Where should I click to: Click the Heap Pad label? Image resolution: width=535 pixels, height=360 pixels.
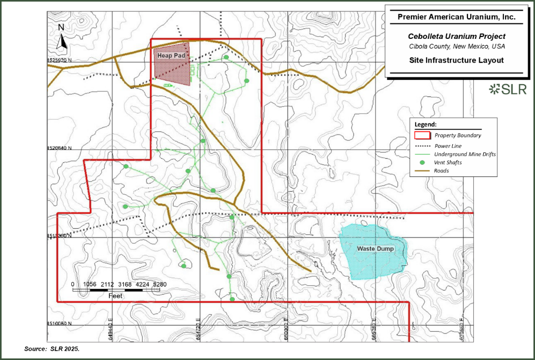[168, 55]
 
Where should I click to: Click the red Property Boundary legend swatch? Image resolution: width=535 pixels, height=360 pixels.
[422, 135]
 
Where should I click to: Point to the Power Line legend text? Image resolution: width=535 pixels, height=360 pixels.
[448, 146]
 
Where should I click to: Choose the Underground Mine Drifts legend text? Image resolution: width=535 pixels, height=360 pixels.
[465, 154]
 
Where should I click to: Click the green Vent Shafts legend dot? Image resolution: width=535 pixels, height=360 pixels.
[422, 163]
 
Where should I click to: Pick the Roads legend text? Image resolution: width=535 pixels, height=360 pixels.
[442, 171]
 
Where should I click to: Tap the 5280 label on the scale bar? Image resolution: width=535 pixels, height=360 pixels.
[160, 284]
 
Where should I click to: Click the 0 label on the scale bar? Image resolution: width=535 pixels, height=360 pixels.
[73, 284]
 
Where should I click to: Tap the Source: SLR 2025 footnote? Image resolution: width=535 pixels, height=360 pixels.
[52, 349]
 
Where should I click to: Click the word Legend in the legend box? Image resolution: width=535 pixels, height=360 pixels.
[426, 124]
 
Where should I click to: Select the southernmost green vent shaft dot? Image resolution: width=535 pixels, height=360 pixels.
[232, 299]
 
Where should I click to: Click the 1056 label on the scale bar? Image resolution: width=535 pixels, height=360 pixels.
[90, 284]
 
